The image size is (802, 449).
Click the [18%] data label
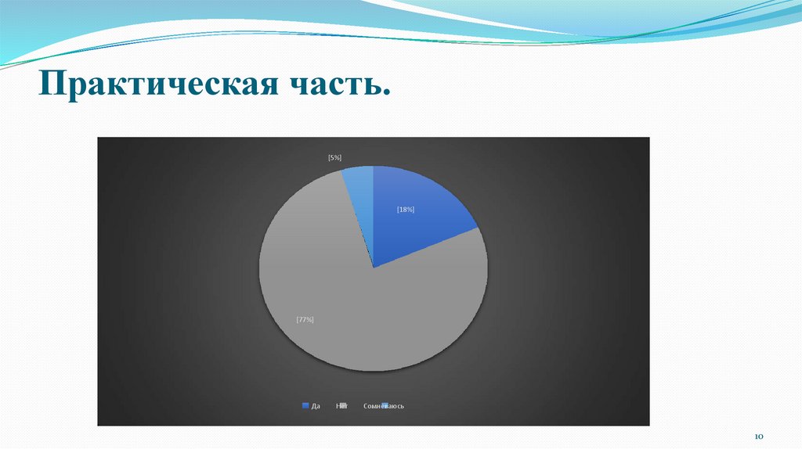[405, 210]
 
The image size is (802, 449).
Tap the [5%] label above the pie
[334, 157]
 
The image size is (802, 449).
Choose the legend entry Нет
[341, 406]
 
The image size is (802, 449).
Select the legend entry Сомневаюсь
[384, 406]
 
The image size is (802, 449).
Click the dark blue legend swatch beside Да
[305, 406]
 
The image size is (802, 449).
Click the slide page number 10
[758, 435]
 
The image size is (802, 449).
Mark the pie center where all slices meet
[374, 268]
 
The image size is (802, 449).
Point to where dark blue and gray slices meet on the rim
[477, 228]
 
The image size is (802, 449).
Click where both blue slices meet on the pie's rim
[374, 166]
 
